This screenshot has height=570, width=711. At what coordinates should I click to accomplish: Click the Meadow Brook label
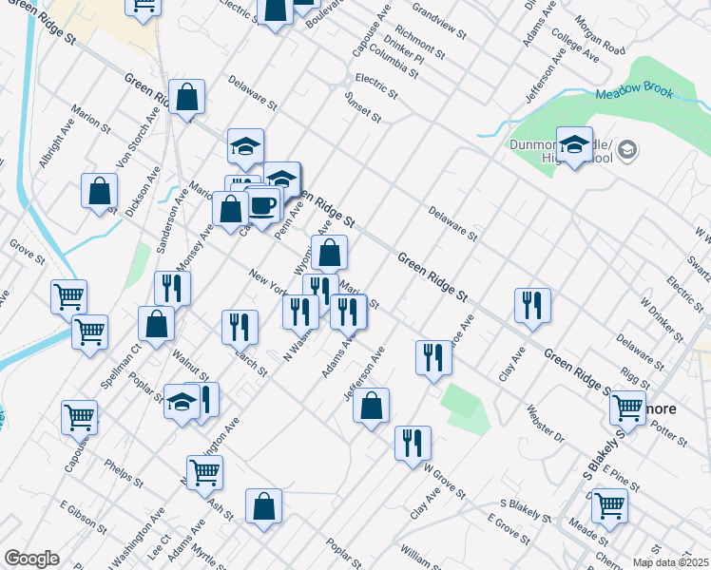[634, 93]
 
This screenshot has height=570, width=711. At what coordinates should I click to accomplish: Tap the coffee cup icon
[262, 204]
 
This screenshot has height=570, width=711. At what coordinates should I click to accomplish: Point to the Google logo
[31, 559]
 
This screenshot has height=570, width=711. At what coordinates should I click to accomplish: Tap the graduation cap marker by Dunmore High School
[574, 144]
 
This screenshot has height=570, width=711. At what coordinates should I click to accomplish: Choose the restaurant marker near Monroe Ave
[433, 358]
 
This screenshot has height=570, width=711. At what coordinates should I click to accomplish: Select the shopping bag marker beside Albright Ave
[100, 192]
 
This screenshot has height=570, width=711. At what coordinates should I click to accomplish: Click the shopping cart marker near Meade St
[609, 505]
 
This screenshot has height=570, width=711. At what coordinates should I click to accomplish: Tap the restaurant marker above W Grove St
[413, 443]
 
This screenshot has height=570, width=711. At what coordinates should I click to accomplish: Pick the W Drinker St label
[662, 322]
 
